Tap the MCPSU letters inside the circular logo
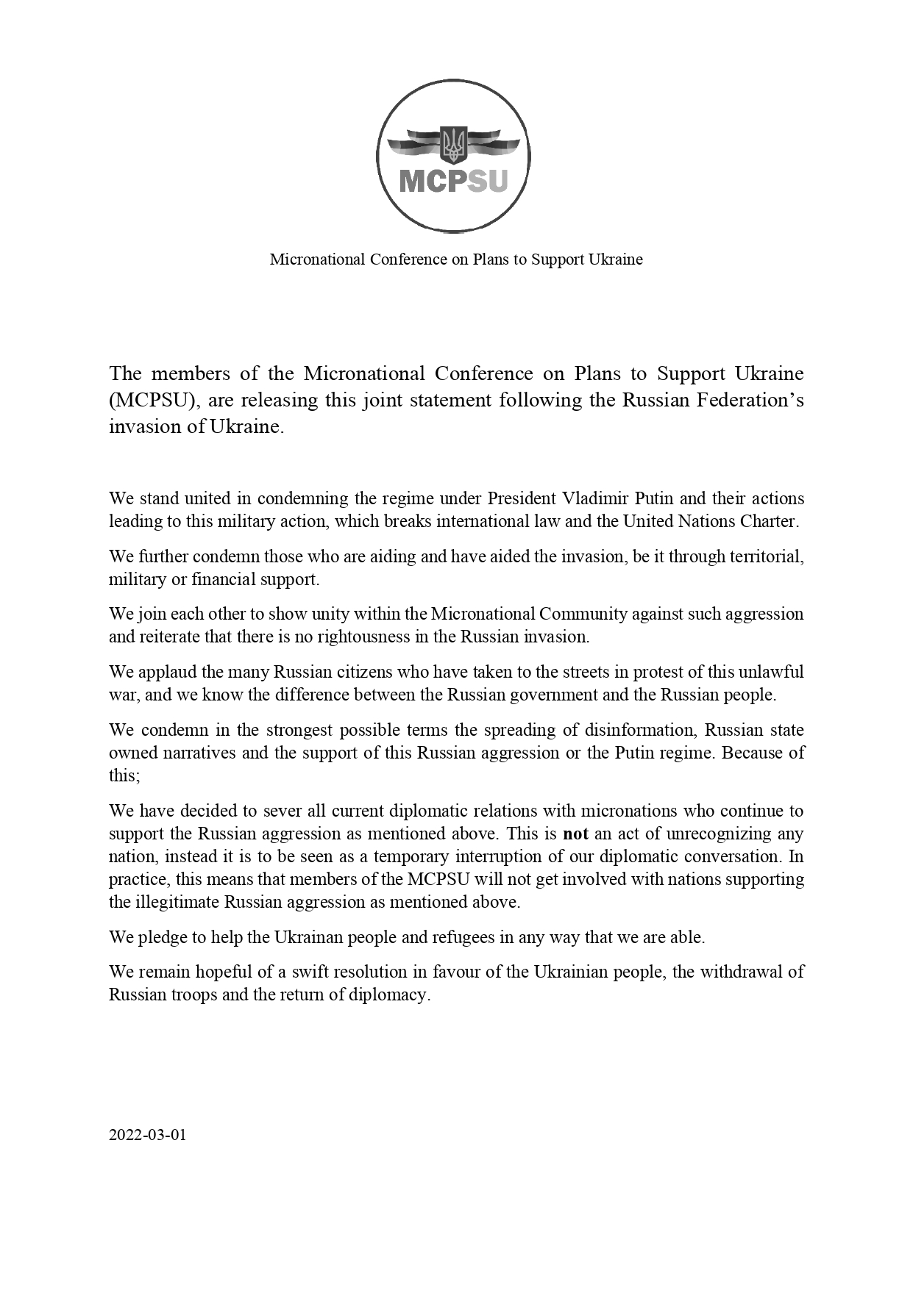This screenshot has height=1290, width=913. point(453,179)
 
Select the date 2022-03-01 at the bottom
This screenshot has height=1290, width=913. point(148,1134)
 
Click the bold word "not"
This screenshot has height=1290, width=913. point(575,834)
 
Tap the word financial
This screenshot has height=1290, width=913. point(224,578)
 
